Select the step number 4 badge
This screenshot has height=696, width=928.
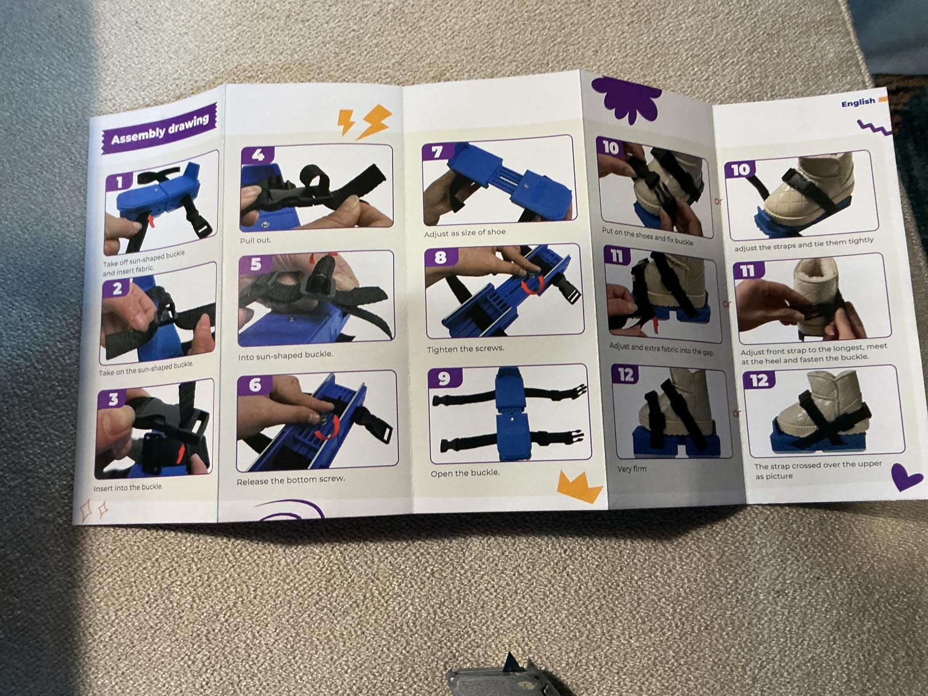[x=258, y=155]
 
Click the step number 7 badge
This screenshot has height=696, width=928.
[x=438, y=151]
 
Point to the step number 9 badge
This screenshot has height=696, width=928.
[x=445, y=378]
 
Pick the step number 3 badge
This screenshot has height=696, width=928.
[x=113, y=399]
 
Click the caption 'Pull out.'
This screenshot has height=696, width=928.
[x=255, y=241]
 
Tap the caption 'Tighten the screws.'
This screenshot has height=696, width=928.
[x=465, y=349]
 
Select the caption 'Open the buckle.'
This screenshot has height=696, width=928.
[x=465, y=473]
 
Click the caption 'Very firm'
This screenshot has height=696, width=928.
[x=632, y=469]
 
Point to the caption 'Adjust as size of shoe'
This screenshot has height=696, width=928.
[x=465, y=233]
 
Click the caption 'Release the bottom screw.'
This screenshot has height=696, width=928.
[x=291, y=480]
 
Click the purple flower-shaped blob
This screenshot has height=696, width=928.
[x=626, y=98]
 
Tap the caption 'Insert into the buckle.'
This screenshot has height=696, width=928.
[x=128, y=487]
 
